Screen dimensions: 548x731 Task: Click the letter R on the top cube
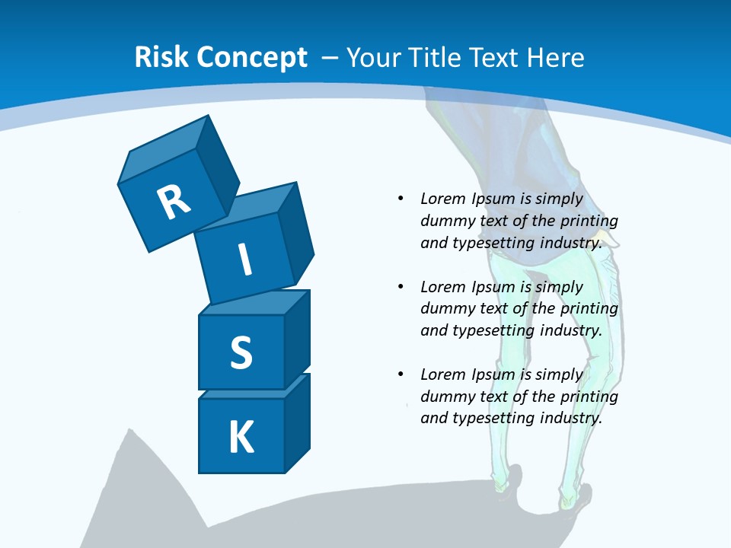174,202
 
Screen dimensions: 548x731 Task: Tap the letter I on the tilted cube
244,260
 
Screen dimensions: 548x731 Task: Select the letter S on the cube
241,352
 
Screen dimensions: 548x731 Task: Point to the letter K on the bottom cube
241,438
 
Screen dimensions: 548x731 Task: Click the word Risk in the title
161,58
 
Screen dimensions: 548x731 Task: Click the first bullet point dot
400,199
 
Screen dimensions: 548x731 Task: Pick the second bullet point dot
400,287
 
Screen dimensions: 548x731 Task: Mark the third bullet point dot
400,374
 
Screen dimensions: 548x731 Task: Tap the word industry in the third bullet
571,418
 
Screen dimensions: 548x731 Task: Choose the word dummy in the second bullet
445,309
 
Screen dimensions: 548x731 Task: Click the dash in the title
330,58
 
